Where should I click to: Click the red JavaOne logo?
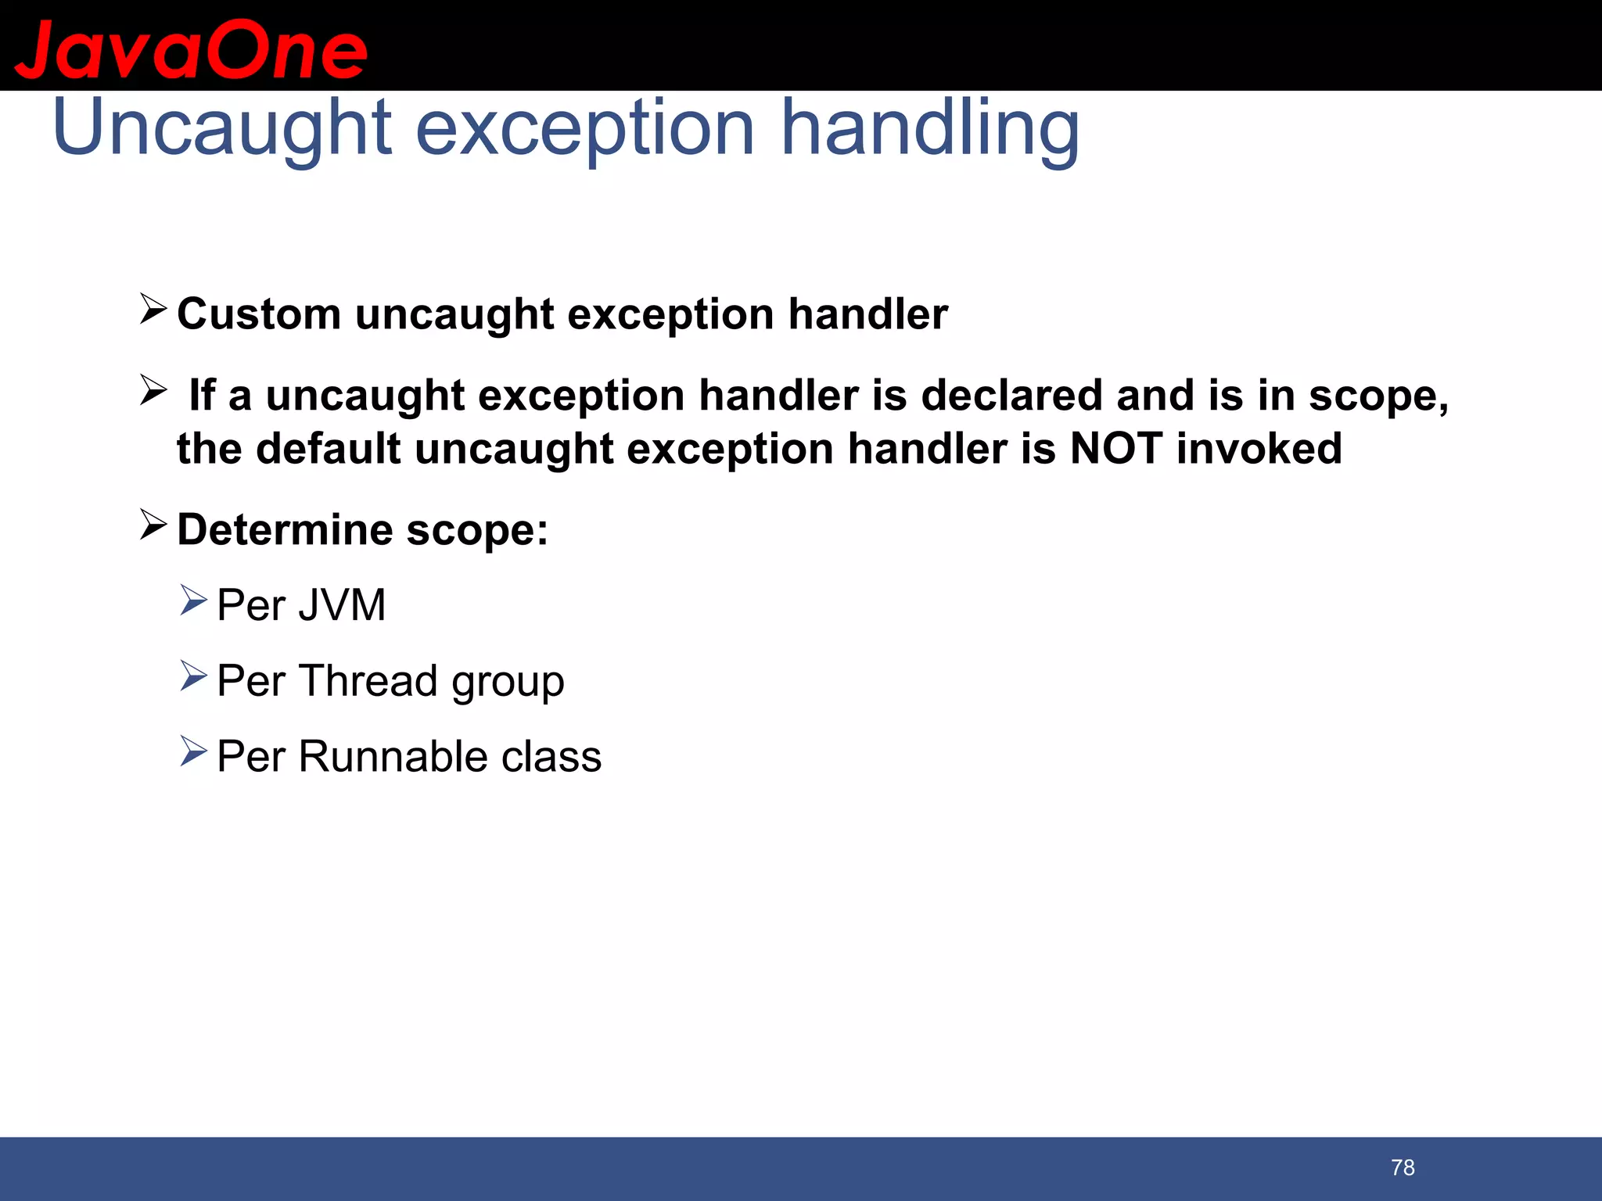(x=191, y=50)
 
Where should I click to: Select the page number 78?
(x=1403, y=1167)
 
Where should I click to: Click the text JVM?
(x=341, y=605)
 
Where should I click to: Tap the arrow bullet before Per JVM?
(x=193, y=600)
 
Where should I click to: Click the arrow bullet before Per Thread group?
(x=193, y=676)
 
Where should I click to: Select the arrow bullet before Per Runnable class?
(x=193, y=751)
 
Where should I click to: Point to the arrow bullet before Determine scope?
(x=153, y=525)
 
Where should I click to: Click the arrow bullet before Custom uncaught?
(x=153, y=309)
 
